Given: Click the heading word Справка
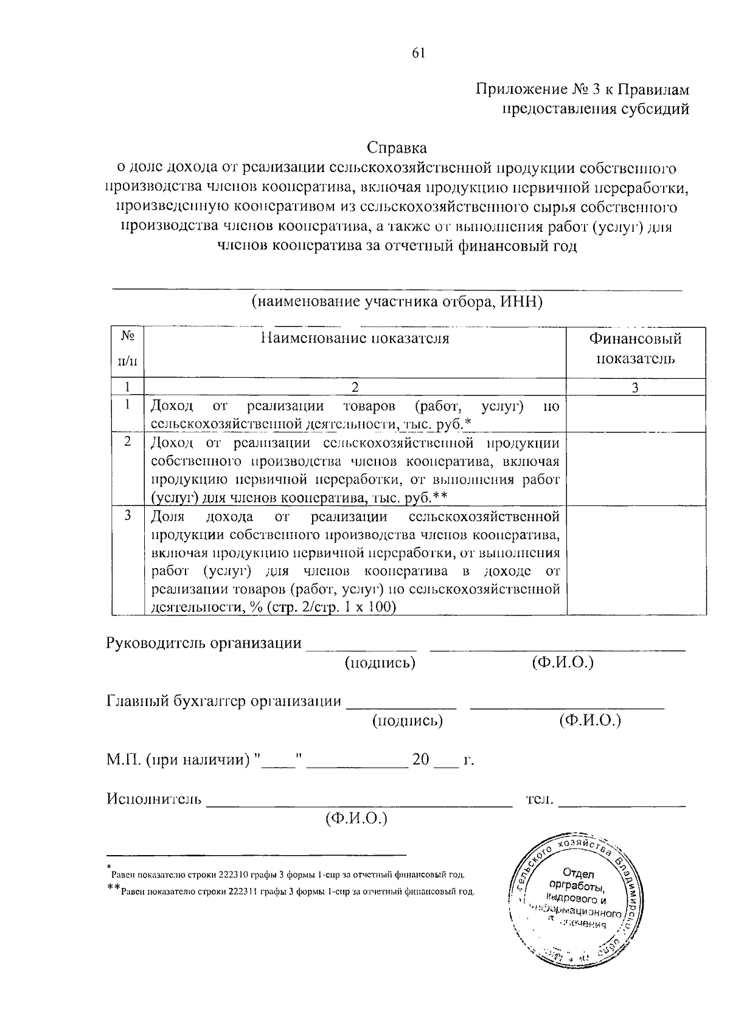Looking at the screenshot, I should tap(397, 148).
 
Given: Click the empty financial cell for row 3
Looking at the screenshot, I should tap(636, 561).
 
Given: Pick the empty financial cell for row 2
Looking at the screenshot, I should tap(636, 469).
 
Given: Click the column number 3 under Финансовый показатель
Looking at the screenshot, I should tap(635, 387).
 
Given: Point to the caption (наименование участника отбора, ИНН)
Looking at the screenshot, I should tap(397, 302).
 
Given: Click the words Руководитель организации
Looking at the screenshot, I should tap(204, 643).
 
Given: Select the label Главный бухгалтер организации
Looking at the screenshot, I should tap(224, 701).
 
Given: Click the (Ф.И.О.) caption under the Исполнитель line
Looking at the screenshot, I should tap(356, 818).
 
